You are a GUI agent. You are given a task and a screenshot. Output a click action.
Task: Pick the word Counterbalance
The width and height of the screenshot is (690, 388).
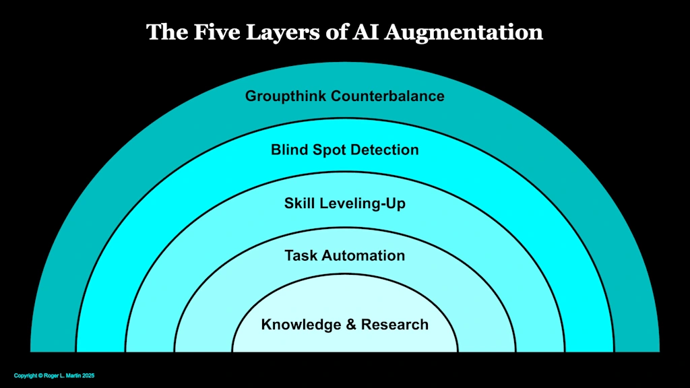[387, 96]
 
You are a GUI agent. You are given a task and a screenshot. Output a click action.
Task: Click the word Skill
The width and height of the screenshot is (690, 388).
[301, 203]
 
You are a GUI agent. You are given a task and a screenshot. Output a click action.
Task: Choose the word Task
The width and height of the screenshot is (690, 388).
[301, 256]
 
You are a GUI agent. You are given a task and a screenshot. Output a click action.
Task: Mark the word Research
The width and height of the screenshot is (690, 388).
[395, 325]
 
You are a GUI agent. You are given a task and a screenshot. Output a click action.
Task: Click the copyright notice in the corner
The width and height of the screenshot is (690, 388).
[55, 375]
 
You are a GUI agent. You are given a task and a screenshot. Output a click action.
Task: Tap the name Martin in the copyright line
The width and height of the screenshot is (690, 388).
[74, 375]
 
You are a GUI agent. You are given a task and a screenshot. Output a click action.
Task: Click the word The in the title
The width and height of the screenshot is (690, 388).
[166, 32]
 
